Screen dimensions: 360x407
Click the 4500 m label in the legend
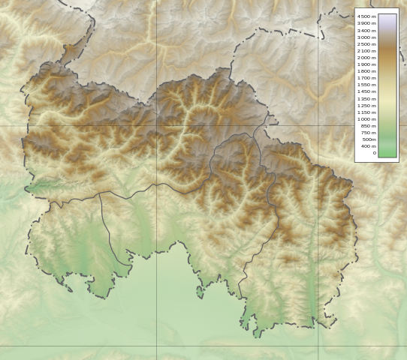tap(366, 16)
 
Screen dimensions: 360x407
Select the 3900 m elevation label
tap(366, 23)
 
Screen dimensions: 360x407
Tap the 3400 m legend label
tap(366, 30)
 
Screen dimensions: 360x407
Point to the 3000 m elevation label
tap(366, 37)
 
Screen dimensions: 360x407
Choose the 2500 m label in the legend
tap(366, 44)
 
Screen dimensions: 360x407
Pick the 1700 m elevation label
tap(366, 78)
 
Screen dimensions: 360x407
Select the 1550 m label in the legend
tap(366, 85)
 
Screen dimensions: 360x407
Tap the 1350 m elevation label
tap(366, 98)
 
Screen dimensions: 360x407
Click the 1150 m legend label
tap(366, 112)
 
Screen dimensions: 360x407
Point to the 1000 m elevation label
tap(366, 119)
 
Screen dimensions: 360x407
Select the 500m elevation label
tap(369, 139)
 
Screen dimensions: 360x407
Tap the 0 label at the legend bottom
tap(373, 153)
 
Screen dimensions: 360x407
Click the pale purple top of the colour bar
tap(387, 16)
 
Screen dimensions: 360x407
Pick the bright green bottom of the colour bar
tap(387, 154)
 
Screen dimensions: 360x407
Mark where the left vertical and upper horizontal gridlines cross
tap(157, 125)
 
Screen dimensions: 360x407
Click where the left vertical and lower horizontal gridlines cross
tap(157, 346)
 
